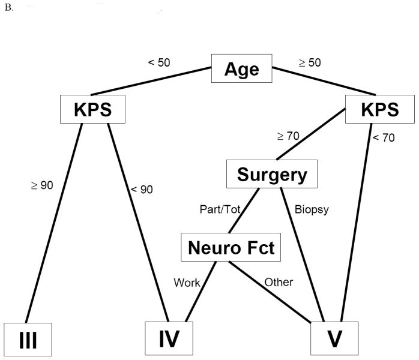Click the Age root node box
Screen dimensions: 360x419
coord(241,69)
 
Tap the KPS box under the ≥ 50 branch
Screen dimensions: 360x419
coord(381,110)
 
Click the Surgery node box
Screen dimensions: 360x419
coord(272,175)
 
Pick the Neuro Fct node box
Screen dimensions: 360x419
coord(231,247)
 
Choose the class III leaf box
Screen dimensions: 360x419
coord(28,340)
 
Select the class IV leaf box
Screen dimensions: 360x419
coord(170,339)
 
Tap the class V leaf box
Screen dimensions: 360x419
coord(334,339)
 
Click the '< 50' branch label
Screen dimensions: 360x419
coord(158,62)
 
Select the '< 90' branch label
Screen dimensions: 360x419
coord(142,190)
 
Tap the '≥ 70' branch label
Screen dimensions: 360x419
coord(288,136)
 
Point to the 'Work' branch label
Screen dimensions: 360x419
coord(187,282)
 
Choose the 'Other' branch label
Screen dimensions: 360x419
coord(278,282)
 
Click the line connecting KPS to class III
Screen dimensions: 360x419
coord(53,222)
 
